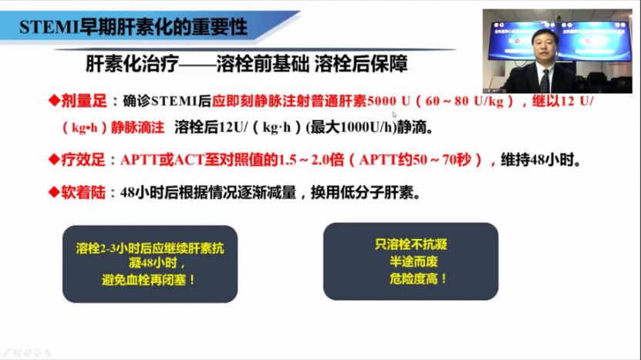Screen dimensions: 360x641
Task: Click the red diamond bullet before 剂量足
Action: [53, 100]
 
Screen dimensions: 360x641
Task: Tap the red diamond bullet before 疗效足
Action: [53, 160]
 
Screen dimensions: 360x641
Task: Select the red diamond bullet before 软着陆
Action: [53, 192]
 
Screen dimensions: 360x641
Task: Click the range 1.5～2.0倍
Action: [309, 161]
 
